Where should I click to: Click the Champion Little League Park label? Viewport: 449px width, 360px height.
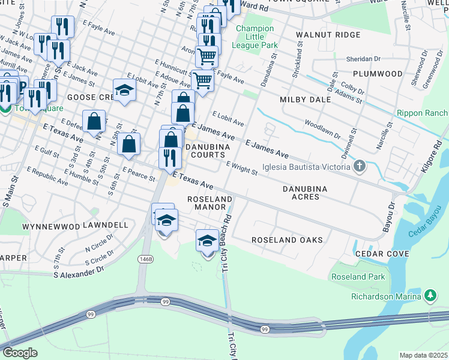(256, 37)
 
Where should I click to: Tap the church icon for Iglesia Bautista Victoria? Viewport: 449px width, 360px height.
(360, 166)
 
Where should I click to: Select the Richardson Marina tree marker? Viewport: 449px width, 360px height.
(430, 296)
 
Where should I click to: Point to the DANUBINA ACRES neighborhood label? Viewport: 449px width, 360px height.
(305, 193)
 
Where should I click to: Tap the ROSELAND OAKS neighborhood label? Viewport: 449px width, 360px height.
(287, 240)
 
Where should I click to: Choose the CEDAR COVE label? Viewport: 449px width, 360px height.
(382, 254)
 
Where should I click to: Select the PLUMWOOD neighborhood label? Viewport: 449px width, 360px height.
(378, 74)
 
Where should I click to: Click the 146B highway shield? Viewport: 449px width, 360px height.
(145, 259)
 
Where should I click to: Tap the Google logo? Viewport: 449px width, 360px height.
(20, 353)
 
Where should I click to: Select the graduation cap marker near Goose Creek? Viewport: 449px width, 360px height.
(124, 90)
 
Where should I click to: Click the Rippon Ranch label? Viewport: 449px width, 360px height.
(422, 113)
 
